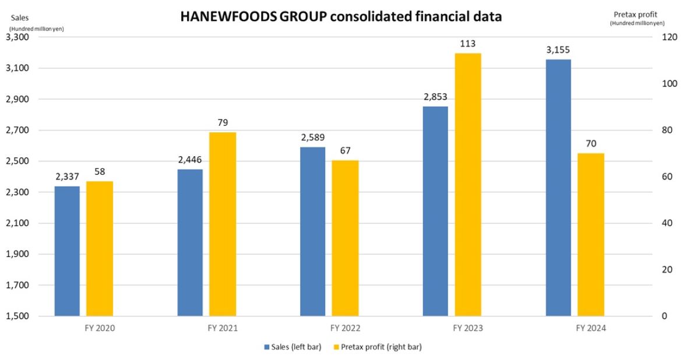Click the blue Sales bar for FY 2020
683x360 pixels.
coord(67,251)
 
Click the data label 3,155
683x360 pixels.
coord(558,50)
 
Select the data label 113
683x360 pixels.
coord(468,43)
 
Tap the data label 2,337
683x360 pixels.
coord(67,177)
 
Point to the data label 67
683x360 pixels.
coord(345,150)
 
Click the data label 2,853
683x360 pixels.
coord(435,97)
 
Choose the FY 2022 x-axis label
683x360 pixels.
coord(345,329)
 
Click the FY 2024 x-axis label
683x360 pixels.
coord(591,329)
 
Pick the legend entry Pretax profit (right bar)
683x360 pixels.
coord(383,347)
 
